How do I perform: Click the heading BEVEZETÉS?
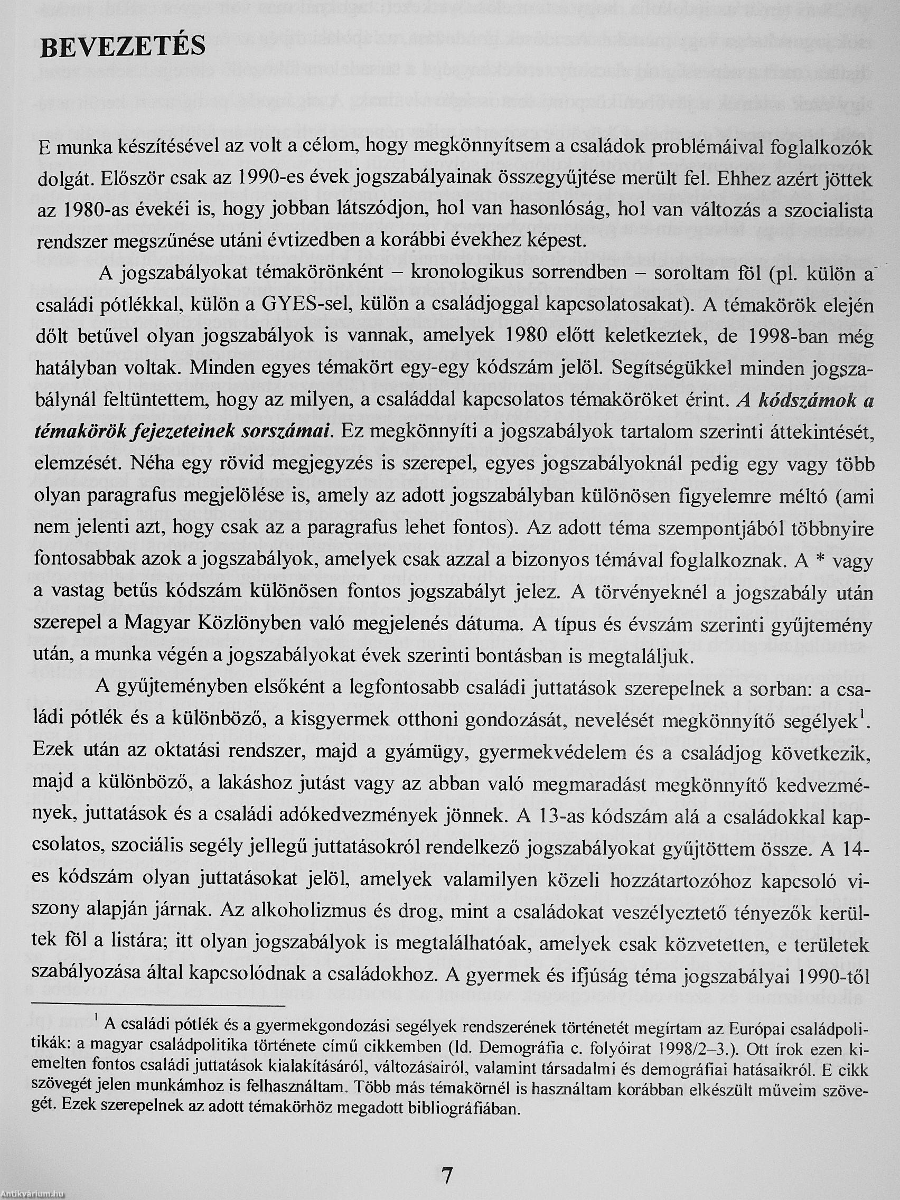tap(123, 48)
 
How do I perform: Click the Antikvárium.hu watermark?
tap(33, 1194)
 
